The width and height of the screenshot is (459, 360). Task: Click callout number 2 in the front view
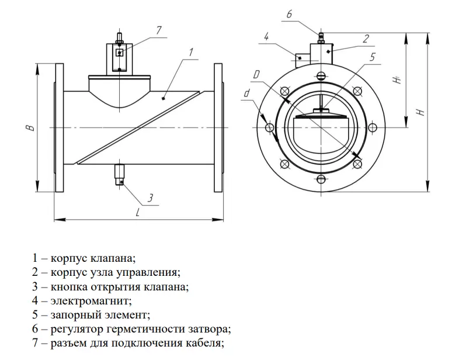[366, 39]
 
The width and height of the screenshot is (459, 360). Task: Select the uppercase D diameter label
[257, 74]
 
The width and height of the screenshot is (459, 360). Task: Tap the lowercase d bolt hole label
[247, 94]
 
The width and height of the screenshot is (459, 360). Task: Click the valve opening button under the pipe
[120, 174]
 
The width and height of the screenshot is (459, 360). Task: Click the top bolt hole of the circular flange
[320, 75]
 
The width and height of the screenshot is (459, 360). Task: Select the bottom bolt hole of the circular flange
[320, 179]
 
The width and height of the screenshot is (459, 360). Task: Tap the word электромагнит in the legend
[89, 302]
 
